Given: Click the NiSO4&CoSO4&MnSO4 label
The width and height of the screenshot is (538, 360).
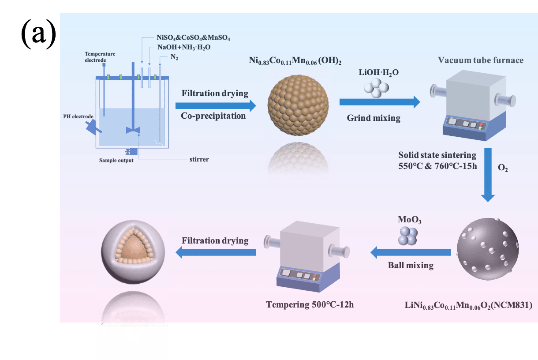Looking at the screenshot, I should (193, 38).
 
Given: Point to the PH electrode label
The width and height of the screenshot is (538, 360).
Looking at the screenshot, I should (78, 116).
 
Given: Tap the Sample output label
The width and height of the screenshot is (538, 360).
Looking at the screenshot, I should (116, 161).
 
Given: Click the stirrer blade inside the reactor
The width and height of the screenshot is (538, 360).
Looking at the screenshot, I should (133, 130).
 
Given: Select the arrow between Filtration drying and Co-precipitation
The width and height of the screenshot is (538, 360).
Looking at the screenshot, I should (215, 105).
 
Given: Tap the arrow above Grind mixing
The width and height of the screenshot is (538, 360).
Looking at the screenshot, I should (379, 102).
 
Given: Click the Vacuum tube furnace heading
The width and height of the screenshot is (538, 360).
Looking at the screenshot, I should (481, 60).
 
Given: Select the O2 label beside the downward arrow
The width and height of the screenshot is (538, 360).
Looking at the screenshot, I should (503, 168).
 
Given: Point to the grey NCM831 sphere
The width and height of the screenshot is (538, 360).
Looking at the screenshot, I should (488, 249).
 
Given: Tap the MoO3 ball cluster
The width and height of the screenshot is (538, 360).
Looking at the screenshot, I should (408, 236).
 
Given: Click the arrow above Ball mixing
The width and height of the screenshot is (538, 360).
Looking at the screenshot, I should (411, 252).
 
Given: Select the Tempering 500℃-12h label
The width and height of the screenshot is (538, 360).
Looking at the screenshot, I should (310, 304).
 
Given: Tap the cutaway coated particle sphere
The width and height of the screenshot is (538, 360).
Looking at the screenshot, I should (132, 252).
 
